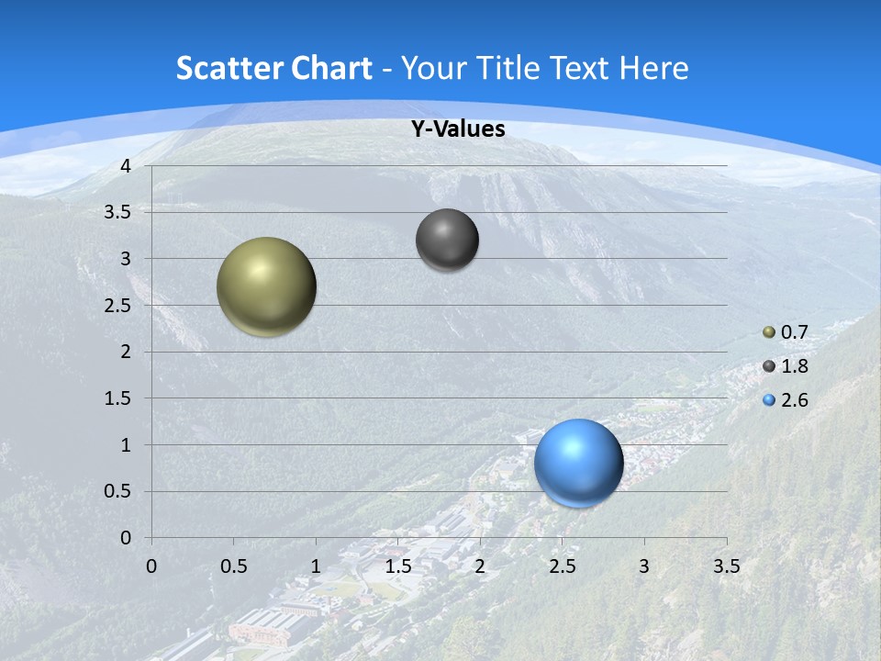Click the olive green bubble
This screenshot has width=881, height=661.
coord(267,286)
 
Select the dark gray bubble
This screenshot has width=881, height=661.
coord(447,240)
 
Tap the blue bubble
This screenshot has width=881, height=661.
coord(579,463)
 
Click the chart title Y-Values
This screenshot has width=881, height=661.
coord(457,129)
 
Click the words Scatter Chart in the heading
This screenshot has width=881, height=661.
coord(273,68)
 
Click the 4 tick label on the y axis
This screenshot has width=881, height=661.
coord(126,166)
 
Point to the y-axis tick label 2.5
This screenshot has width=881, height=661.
coord(117,306)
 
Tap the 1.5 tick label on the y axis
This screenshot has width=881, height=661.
coord(117,398)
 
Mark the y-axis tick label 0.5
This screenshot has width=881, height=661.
coord(117,491)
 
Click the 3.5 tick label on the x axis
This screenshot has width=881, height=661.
coord(727,566)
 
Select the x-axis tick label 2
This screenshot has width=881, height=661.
coord(480,566)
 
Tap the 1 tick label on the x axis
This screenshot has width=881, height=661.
coord(316,566)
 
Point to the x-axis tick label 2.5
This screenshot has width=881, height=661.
coord(562,566)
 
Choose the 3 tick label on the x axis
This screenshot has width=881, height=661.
coord(644,566)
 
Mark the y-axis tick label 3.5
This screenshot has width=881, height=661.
coord(117,213)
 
